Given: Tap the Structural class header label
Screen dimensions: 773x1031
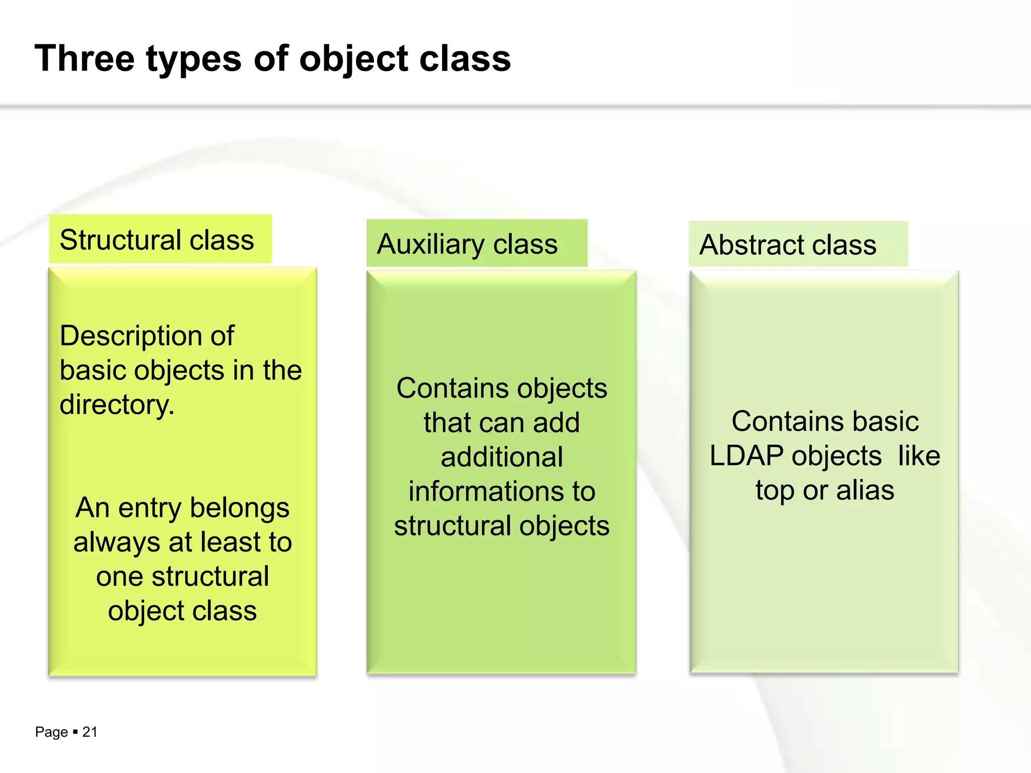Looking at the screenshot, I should (157, 240).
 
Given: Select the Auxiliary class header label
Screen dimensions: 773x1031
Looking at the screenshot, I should (467, 245).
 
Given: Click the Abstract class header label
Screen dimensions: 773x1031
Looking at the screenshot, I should (788, 245).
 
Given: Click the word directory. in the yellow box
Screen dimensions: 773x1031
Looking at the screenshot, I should (117, 405).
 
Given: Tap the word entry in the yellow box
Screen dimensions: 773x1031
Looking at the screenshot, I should (151, 508).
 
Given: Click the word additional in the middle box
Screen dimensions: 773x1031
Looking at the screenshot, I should (501, 457).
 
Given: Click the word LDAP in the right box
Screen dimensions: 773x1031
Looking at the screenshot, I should (746, 456).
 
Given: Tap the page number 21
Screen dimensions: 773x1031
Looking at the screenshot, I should (90, 732).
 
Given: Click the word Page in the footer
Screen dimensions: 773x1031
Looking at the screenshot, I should (51, 732).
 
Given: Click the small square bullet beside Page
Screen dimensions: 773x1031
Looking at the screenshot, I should (75, 731).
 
